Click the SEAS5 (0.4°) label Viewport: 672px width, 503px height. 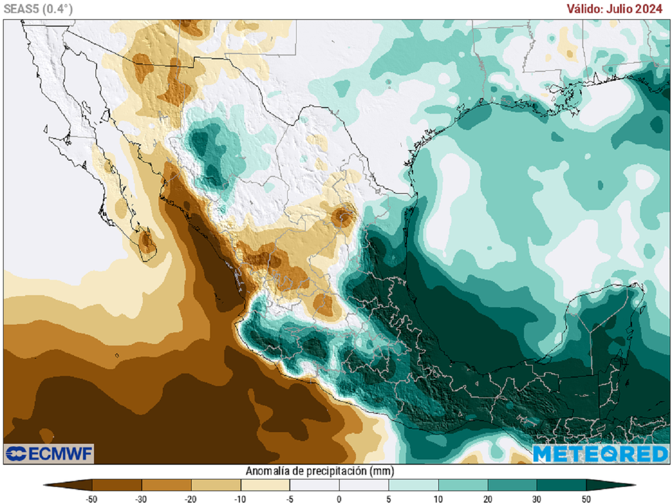tap(38, 9)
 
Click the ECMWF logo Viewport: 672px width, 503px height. tap(49, 453)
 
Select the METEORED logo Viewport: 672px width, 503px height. tap(600, 454)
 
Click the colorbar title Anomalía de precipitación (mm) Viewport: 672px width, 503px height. tap(320, 471)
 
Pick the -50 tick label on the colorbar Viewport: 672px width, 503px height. tap(93, 498)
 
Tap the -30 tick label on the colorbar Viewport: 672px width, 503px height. tap(141, 498)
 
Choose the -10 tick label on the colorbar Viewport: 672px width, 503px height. tap(240, 498)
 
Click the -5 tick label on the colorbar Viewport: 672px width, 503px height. tap(289, 498)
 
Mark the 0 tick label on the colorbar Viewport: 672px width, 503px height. tap(339, 498)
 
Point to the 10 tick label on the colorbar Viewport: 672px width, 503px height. tap(438, 498)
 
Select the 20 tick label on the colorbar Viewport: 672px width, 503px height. tap(487, 498)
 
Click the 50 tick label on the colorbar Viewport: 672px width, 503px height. tap(586, 498)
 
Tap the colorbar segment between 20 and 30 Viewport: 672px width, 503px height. tap(512, 485)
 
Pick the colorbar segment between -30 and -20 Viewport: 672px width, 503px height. tap(167, 485)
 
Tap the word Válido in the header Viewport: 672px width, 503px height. tap(583, 9)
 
